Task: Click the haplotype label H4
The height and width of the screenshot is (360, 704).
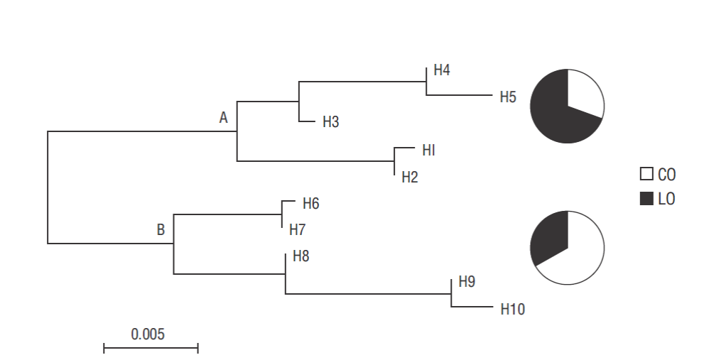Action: (442, 70)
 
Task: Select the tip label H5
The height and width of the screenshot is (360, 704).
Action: (507, 97)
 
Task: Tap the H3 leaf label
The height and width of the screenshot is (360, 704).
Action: (330, 122)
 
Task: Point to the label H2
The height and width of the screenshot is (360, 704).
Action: (410, 178)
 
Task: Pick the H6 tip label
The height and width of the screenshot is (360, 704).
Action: (310, 204)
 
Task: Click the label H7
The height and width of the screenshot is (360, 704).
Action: (297, 230)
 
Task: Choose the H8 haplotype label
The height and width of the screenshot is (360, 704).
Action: (301, 256)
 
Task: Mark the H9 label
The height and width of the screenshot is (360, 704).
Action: (467, 282)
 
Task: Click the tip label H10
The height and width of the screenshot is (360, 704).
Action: (512, 309)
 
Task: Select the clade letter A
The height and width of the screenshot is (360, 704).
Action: (223, 118)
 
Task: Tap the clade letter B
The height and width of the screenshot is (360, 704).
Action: (161, 230)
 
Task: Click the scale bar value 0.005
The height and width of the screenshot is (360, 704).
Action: (148, 334)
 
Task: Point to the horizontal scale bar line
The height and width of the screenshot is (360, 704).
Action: (151, 348)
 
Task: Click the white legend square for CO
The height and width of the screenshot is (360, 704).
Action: (646, 175)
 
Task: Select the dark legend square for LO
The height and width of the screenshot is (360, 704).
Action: (646, 200)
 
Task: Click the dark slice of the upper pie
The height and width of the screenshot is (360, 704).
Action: (554, 114)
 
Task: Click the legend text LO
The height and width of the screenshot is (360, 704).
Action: (666, 200)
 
